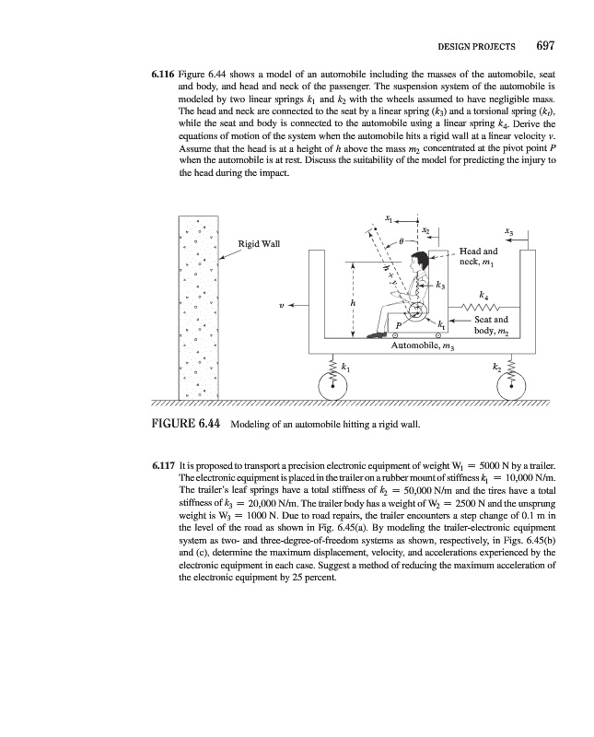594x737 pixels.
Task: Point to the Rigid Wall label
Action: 259,243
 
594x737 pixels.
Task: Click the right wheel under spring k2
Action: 516,387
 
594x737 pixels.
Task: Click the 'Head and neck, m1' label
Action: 479,256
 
